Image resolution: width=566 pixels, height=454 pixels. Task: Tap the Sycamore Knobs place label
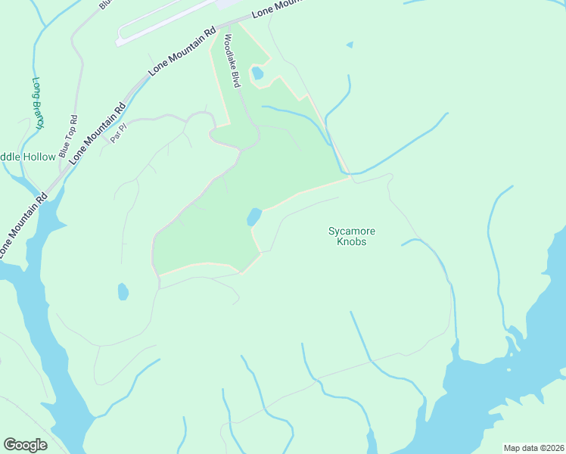click(352, 236)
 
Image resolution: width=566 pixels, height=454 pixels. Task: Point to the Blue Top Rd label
click(74, 130)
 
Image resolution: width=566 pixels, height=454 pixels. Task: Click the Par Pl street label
click(117, 135)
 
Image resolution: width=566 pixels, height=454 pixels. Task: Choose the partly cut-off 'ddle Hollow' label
click(28, 157)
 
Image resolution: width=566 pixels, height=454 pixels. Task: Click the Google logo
click(25, 445)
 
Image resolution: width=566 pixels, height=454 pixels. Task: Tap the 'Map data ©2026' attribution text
click(533, 448)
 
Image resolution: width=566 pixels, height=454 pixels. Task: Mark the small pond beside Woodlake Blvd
click(257, 73)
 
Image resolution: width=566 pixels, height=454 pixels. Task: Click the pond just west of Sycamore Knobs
click(253, 217)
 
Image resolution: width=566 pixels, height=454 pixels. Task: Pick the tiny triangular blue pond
click(349, 45)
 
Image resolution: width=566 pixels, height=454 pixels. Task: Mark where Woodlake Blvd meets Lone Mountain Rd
click(219, 29)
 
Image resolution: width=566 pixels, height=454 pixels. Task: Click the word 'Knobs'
click(352, 241)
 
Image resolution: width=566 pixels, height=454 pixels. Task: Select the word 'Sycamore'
click(352, 231)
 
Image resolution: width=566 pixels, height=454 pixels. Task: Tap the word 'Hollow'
click(39, 157)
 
